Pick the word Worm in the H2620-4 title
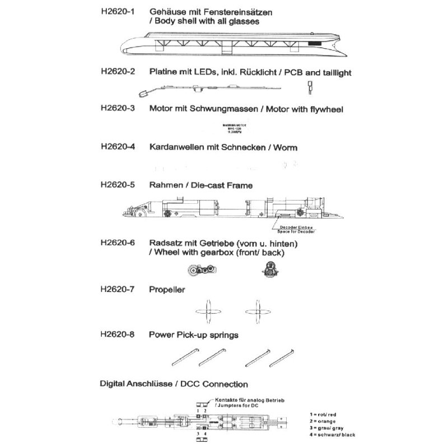[x=285, y=147]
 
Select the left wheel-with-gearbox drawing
[x=200, y=269]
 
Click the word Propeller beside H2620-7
[x=167, y=290]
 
